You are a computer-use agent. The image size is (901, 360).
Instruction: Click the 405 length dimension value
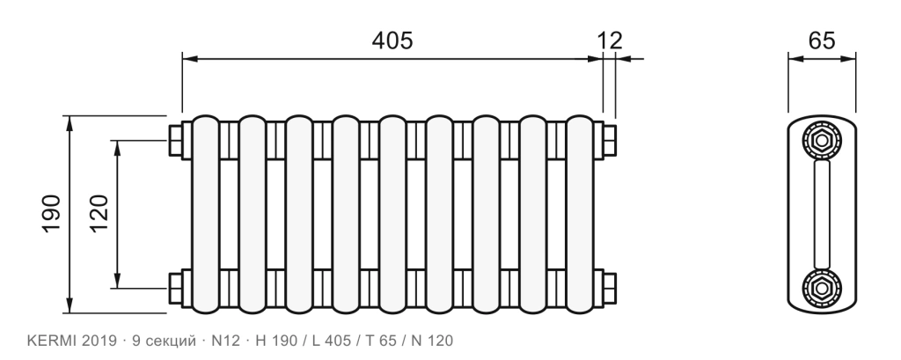pyautogui.click(x=392, y=40)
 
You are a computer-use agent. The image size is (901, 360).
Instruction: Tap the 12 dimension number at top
pyautogui.click(x=609, y=40)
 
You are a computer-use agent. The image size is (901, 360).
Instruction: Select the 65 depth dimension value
pyautogui.click(x=822, y=40)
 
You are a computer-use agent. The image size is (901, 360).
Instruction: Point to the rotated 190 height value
pyautogui.click(x=52, y=214)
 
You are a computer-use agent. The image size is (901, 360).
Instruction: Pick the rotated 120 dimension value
pyautogui.click(x=99, y=214)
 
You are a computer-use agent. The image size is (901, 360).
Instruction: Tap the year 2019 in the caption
pyautogui.click(x=99, y=341)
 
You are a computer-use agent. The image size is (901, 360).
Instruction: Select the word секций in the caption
pyautogui.click(x=170, y=342)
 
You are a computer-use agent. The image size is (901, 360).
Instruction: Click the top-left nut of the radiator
pyautogui.click(x=176, y=140)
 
